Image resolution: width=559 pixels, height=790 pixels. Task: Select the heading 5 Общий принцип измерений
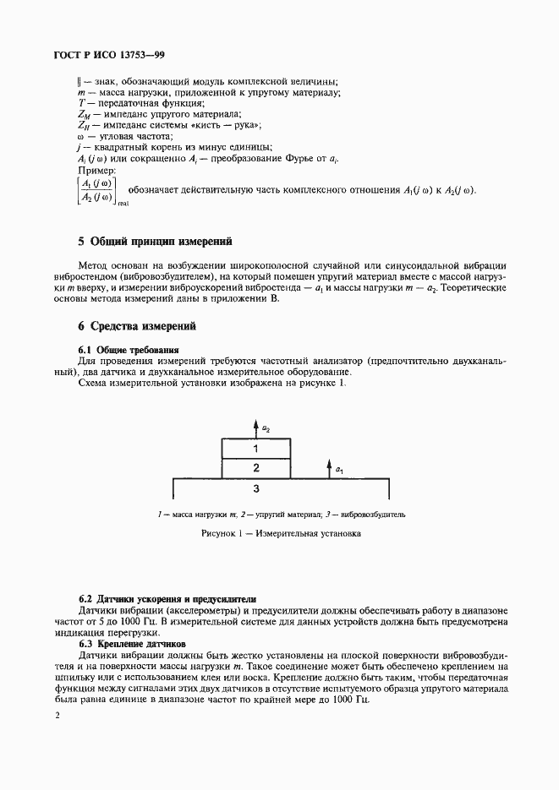154,241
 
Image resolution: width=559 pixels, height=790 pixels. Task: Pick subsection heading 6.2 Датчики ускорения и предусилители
166,598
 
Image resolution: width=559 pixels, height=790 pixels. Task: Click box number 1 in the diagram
255,449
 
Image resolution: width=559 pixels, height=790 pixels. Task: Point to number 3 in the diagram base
255,488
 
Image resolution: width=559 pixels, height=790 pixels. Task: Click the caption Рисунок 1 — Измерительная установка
281,534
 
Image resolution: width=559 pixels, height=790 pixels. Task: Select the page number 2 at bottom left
57,716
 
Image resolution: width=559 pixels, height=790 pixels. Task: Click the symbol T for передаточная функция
80,103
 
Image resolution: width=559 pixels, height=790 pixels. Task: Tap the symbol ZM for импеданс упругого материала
83,114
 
